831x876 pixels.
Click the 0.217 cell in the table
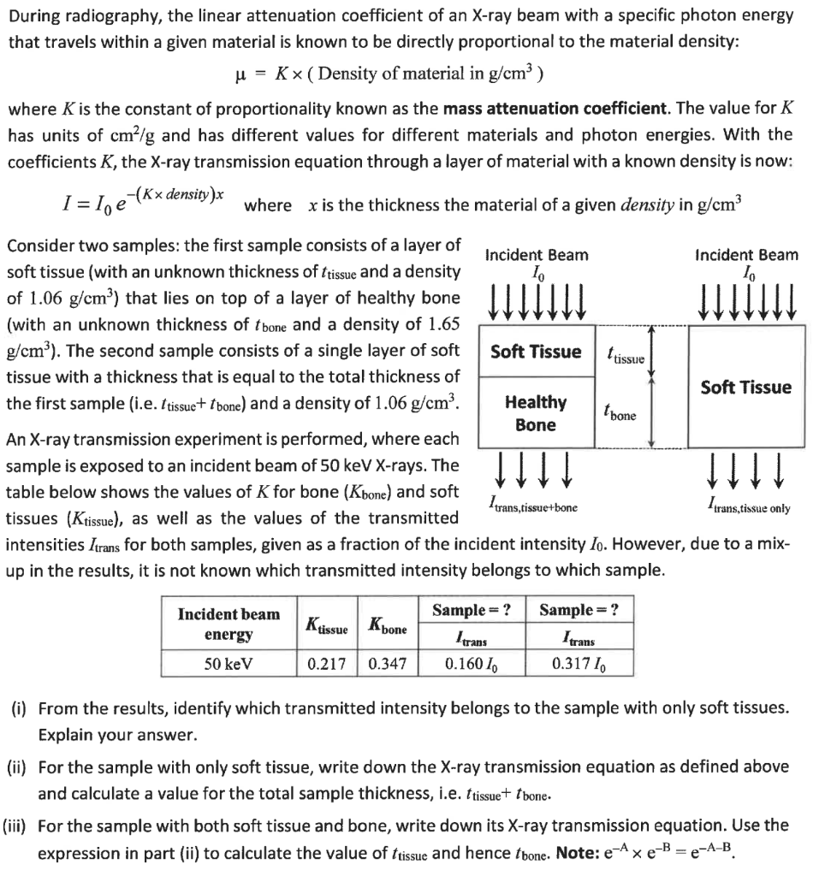point(329,664)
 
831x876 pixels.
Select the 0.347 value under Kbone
point(387,664)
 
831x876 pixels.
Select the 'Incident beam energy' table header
point(228,624)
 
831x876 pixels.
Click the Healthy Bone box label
point(535,413)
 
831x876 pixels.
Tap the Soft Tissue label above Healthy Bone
point(535,352)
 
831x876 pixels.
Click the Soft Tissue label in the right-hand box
point(745,387)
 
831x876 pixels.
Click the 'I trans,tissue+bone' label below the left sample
point(531,507)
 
